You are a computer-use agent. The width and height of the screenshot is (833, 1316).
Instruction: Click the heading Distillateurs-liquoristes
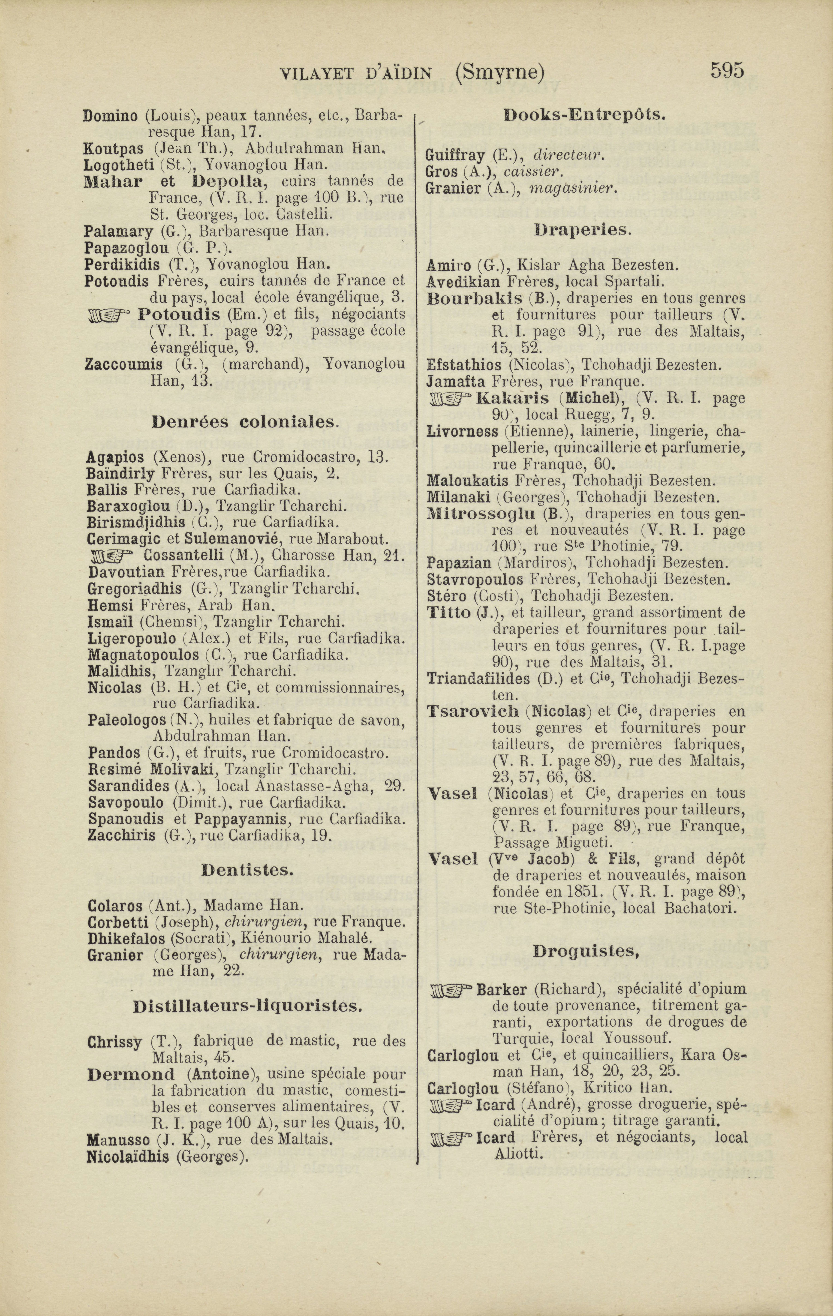247,1006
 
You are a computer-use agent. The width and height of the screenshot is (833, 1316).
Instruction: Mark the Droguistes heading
586,952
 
